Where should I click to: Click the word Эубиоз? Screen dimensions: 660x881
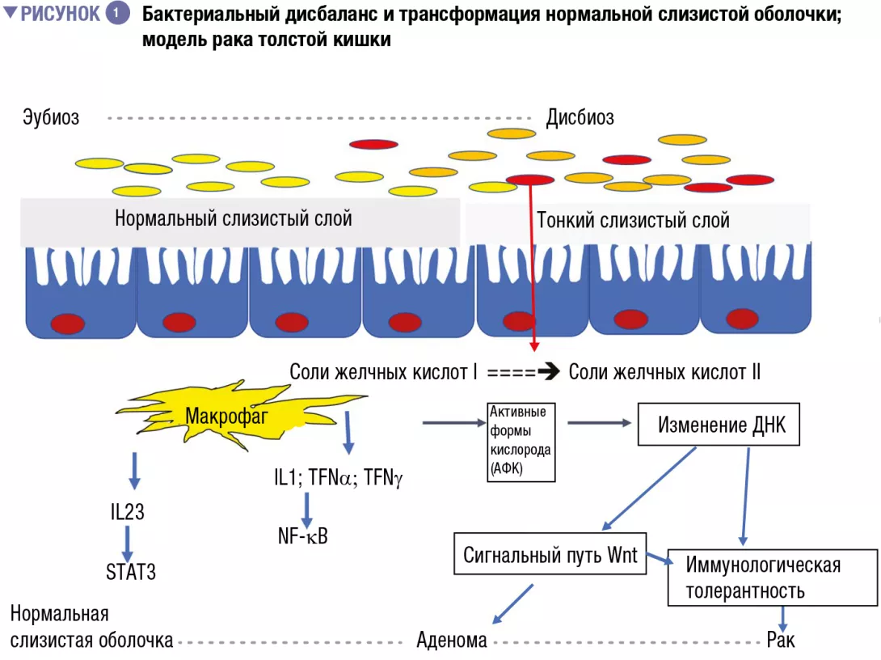pyautogui.click(x=51, y=118)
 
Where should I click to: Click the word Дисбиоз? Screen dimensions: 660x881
pyautogui.click(x=580, y=118)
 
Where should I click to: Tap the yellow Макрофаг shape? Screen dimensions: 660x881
pyautogui.click(x=226, y=417)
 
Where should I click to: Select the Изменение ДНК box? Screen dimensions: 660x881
pyautogui.click(x=719, y=425)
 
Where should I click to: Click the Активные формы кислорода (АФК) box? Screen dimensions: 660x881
pyautogui.click(x=520, y=442)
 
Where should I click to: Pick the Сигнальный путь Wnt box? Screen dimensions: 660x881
pyautogui.click(x=550, y=555)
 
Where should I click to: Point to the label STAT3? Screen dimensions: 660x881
pyautogui.click(x=131, y=573)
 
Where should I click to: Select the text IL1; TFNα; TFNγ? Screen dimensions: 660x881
pyautogui.click(x=338, y=478)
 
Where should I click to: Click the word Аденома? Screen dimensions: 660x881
pyautogui.click(x=452, y=641)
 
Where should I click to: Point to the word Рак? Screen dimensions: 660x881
pyautogui.click(x=781, y=641)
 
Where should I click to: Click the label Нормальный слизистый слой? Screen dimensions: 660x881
pyautogui.click(x=234, y=218)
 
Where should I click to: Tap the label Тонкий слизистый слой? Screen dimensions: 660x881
pyautogui.click(x=633, y=220)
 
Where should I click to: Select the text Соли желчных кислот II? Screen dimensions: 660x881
pyautogui.click(x=664, y=372)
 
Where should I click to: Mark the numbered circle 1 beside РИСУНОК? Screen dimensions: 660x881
pyautogui.click(x=117, y=14)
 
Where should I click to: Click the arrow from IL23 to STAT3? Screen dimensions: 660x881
pyautogui.click(x=128, y=540)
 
